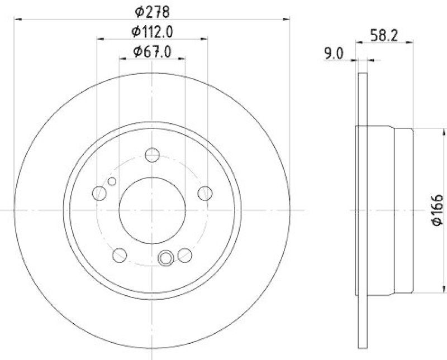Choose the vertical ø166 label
pos(437,210)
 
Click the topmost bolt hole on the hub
pos(152,155)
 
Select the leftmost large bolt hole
pos(99,193)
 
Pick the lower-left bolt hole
pos(120,255)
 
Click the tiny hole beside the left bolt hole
pos(112,181)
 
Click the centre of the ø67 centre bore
pos(152,210)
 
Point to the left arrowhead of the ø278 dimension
pos(16,19)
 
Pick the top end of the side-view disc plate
pos(362,75)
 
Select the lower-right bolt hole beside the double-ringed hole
pos(185,255)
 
